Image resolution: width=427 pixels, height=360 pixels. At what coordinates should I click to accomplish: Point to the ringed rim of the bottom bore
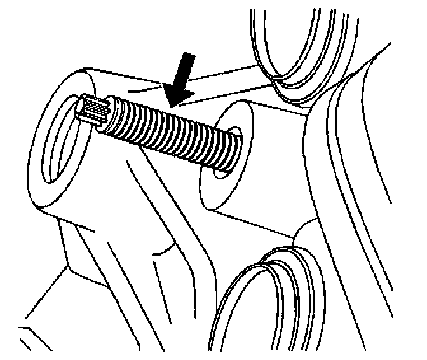click(x=238, y=280)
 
